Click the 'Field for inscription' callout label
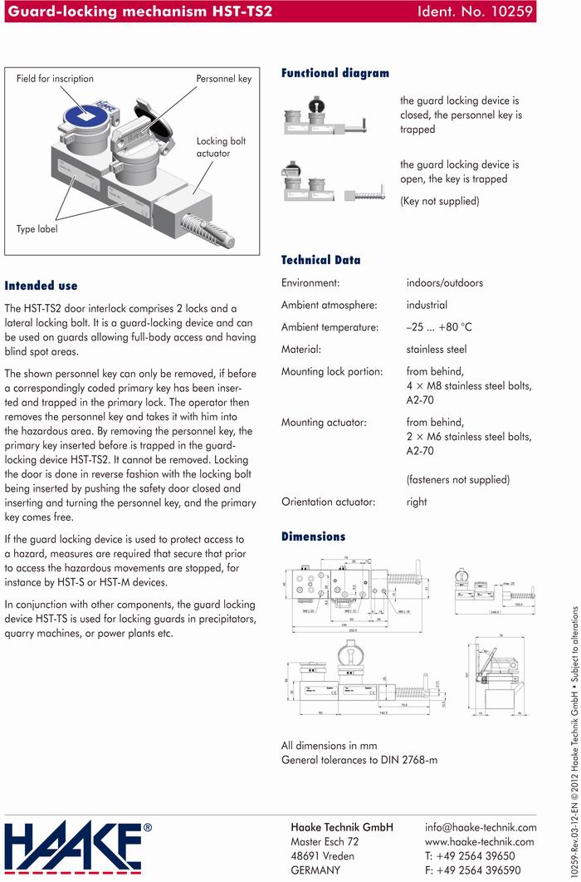click(x=55, y=79)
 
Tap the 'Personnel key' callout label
click(x=223, y=79)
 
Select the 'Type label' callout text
click(x=37, y=228)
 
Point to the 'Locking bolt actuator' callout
click(x=221, y=147)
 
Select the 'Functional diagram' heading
click(x=334, y=73)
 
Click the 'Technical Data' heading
click(x=320, y=260)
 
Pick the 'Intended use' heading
click(x=41, y=285)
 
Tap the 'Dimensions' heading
click(x=313, y=537)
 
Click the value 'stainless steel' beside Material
click(x=437, y=350)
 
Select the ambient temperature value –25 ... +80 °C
click(x=439, y=327)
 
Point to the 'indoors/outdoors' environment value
click(x=444, y=283)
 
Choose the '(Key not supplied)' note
click(x=439, y=201)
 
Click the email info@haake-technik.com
click(x=481, y=827)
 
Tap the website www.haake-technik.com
click(x=479, y=842)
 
